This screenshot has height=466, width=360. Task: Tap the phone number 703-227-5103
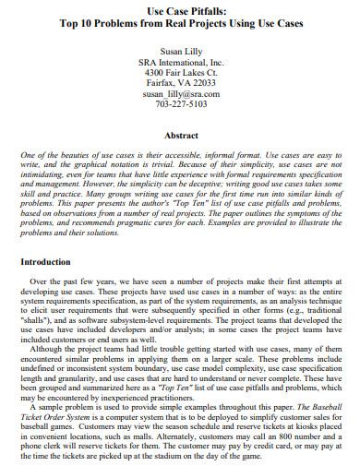pos(180,105)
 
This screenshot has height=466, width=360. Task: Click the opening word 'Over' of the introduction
pos(40,281)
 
